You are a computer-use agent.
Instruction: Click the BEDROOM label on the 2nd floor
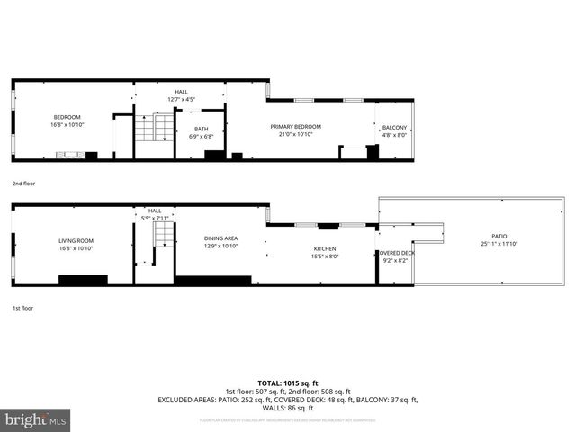67,117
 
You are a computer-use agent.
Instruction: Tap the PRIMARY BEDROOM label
295,127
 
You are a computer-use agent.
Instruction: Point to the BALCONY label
394,127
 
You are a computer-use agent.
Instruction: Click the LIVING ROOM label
76,240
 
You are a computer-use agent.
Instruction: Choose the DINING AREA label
220,238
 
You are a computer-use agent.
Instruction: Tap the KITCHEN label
324,248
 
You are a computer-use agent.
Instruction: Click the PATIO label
499,237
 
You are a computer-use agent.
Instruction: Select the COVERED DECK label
395,253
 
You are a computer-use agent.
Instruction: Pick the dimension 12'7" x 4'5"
182,99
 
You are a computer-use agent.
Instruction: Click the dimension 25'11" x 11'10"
499,244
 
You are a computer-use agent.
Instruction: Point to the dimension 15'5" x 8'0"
324,256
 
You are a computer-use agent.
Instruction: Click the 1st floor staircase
162,238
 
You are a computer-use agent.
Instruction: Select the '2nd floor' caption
24,183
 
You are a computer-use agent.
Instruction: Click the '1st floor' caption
23,307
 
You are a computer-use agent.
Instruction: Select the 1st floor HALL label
155,211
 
